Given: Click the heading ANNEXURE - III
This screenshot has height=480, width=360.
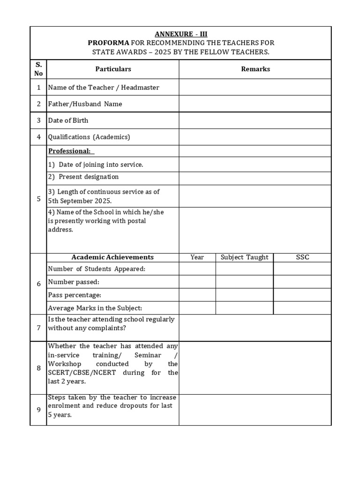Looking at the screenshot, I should click(180, 34).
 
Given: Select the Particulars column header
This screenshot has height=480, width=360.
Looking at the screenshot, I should click(113, 69).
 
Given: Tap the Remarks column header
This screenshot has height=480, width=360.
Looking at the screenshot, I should click(255, 69).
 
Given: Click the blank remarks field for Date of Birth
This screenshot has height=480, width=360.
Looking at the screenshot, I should click(255, 120).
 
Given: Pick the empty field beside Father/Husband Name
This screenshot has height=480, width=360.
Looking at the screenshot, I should click(255, 104).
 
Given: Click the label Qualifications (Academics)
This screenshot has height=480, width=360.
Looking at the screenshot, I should click(89, 137).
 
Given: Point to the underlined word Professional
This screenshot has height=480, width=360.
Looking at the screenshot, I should click(69, 151).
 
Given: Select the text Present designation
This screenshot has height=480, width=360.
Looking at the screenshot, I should click(89, 177).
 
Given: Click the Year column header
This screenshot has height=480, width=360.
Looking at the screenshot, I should click(197, 257).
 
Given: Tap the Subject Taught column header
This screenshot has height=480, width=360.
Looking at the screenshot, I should click(244, 257).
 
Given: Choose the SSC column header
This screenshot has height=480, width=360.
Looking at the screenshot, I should click(302, 257).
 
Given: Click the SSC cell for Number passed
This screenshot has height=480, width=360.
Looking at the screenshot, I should click(302, 282).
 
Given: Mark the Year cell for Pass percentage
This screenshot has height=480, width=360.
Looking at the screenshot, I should click(197, 295).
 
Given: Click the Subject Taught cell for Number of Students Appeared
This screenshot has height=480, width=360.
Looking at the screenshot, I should click(244, 269).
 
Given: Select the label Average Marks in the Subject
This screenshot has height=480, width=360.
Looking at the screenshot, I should click(95, 308).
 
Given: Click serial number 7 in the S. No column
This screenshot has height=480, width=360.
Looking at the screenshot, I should click(38, 328).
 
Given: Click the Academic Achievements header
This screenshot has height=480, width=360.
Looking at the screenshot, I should click(112, 257).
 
